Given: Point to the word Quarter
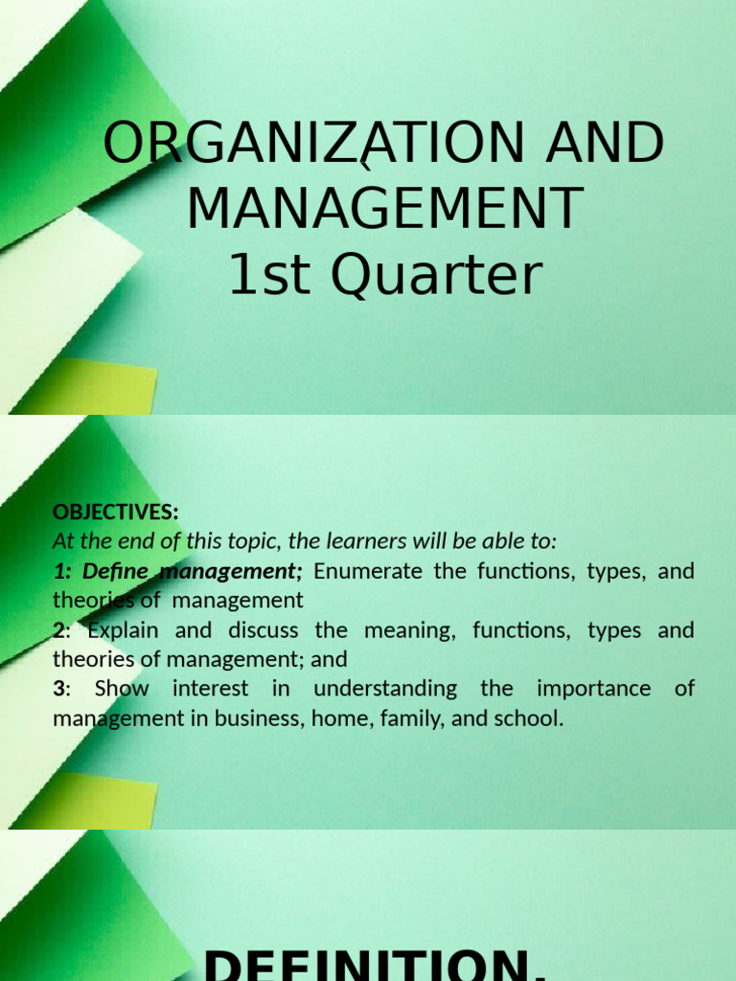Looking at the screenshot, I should click(435, 275).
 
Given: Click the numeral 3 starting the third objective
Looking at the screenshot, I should click(58, 689).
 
